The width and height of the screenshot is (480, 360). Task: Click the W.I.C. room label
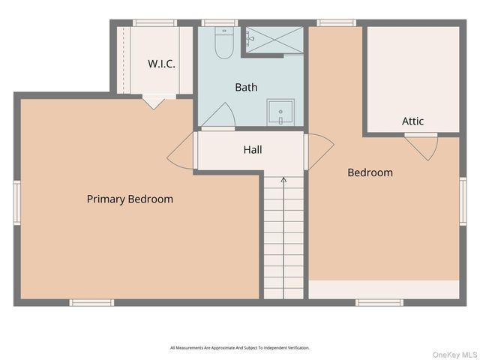click(161, 64)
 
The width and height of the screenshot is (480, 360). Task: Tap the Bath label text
click(246, 87)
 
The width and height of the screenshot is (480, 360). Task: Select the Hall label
click(253, 150)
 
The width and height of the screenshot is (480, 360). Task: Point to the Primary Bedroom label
click(130, 199)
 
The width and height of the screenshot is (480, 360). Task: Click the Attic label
click(412, 121)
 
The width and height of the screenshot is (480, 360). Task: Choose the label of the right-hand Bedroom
click(370, 172)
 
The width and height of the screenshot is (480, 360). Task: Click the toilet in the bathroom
click(224, 44)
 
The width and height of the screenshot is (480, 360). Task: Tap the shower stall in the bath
click(274, 40)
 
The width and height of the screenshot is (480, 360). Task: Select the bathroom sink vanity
click(280, 112)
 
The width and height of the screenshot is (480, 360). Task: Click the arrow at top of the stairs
click(283, 181)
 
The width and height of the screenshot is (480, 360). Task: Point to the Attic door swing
click(422, 147)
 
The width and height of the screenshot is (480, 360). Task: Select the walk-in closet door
click(154, 101)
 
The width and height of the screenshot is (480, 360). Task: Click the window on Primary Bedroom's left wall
click(16, 202)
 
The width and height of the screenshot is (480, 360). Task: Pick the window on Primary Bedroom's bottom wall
click(91, 302)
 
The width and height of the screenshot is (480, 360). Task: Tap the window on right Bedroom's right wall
click(463, 200)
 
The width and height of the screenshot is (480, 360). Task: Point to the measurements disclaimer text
click(240, 348)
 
